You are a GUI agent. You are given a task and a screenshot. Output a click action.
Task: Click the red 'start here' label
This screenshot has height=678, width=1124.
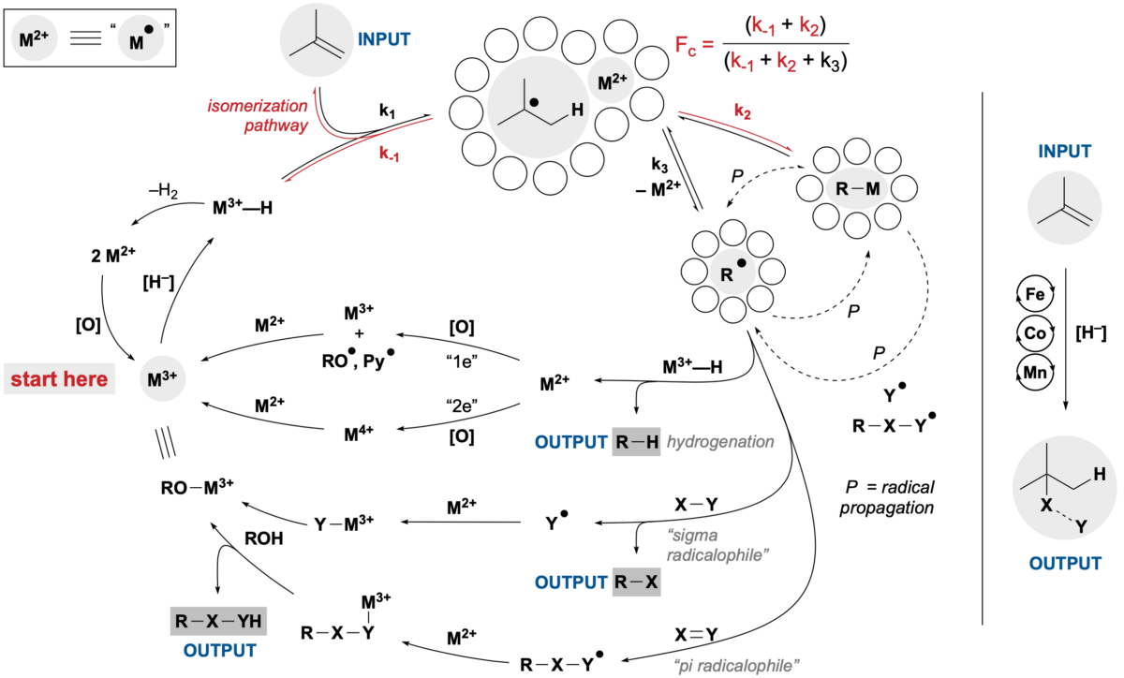(59, 379)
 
